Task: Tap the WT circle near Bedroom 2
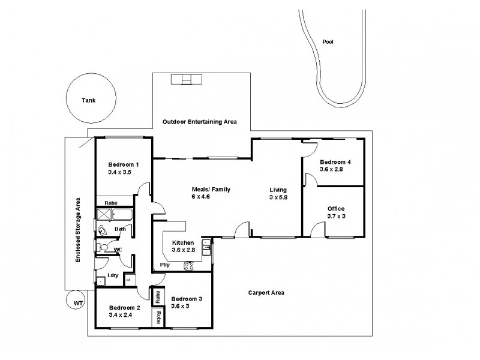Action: pyautogui.click(x=77, y=303)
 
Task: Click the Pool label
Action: pyautogui.click(x=327, y=42)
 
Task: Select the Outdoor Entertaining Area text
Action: pyautogui.click(x=200, y=122)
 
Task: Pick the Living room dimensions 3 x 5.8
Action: pyautogui.click(x=278, y=197)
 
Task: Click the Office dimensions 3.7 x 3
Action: pyautogui.click(x=336, y=217)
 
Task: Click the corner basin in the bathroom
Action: pyautogui.click(x=101, y=231)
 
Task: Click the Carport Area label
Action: pyautogui.click(x=266, y=293)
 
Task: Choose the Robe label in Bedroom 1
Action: pyautogui.click(x=110, y=203)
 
